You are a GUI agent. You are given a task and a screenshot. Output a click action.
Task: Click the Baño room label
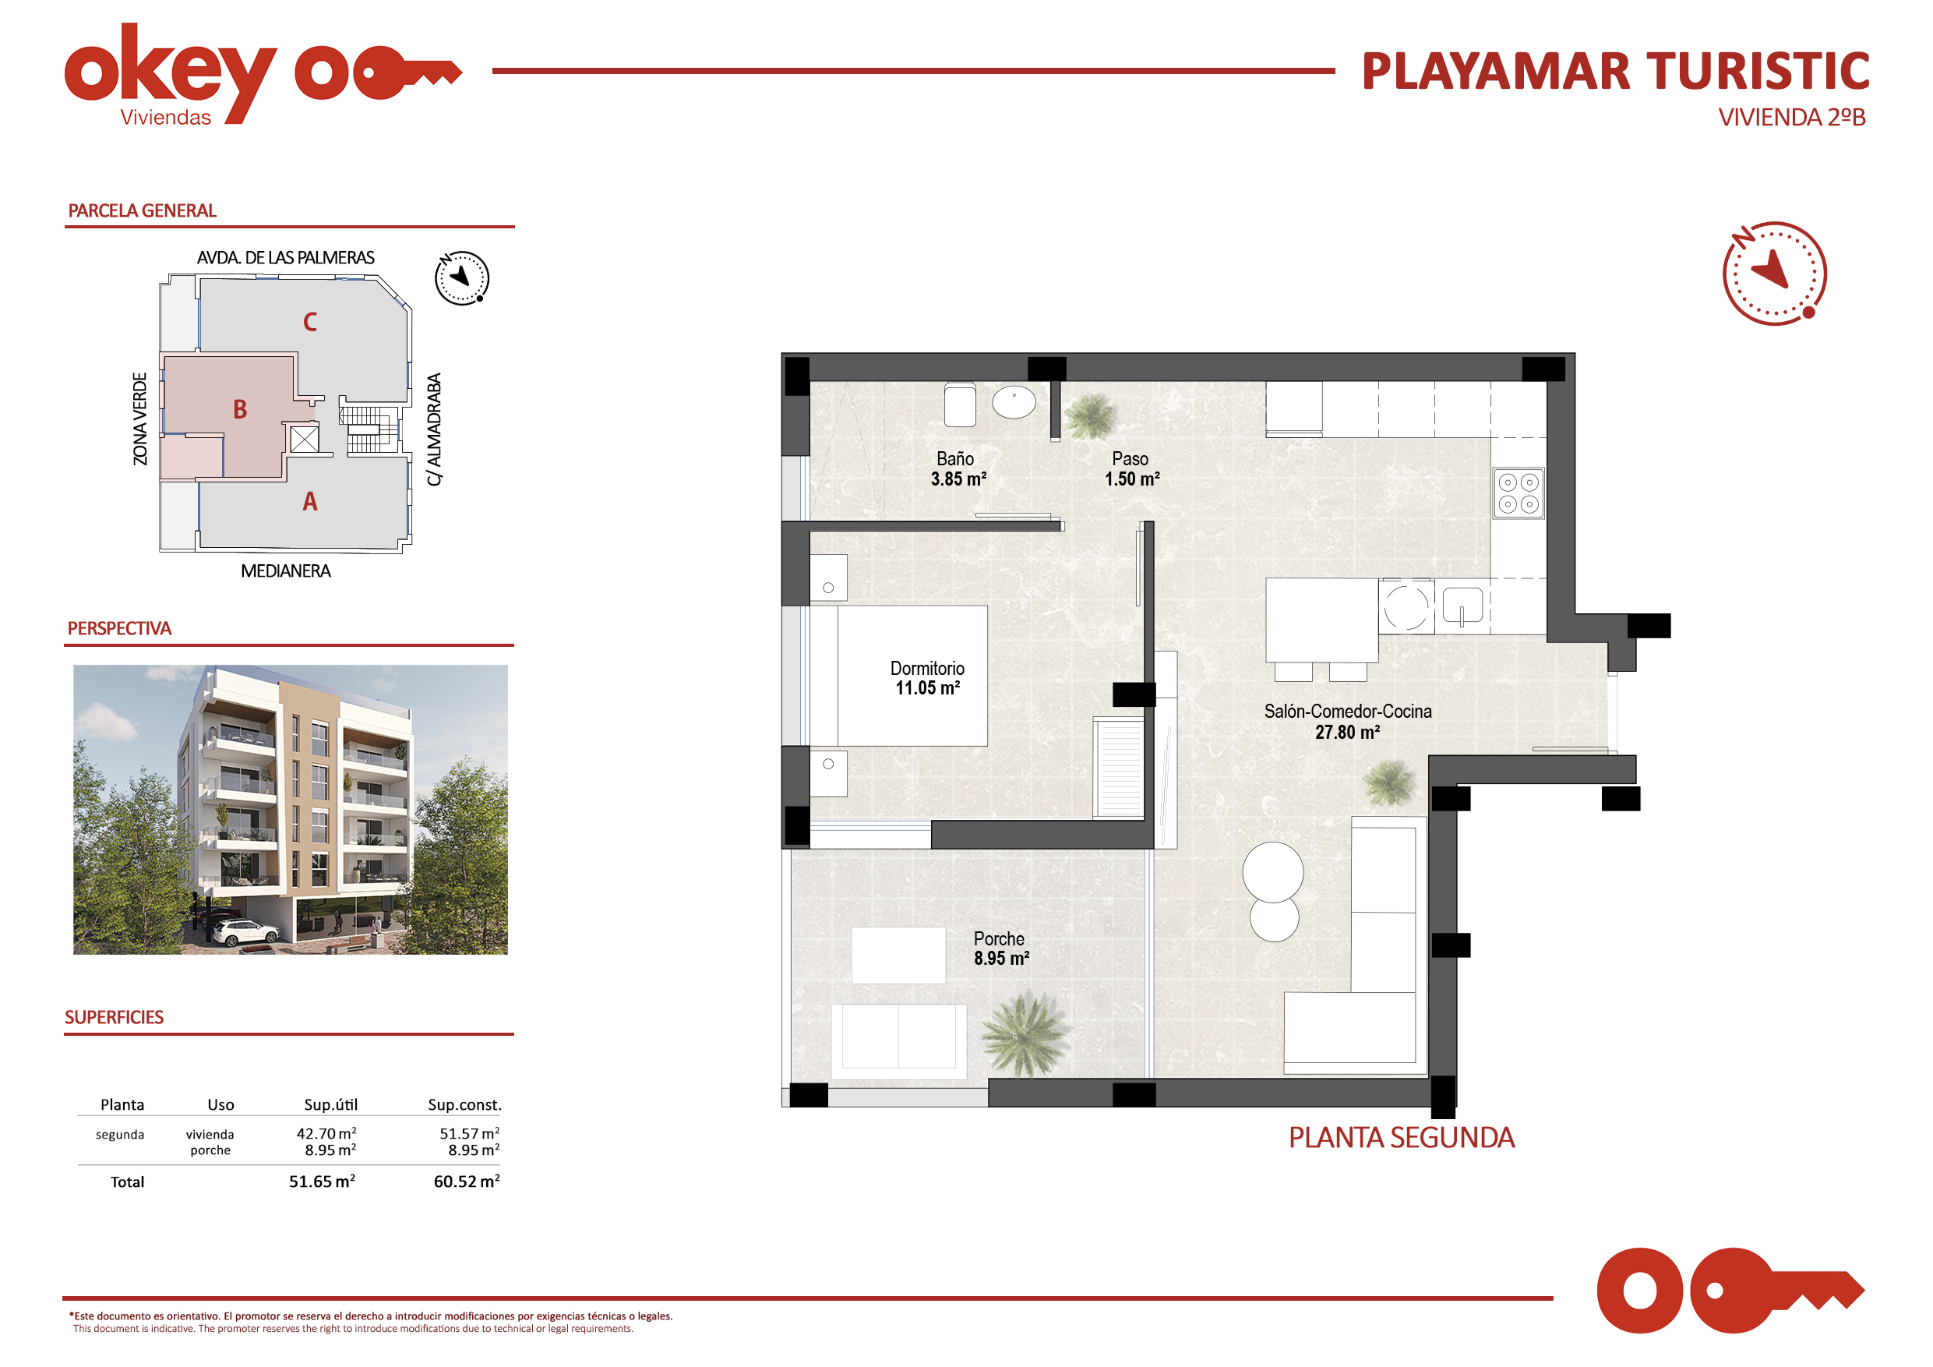pos(954,459)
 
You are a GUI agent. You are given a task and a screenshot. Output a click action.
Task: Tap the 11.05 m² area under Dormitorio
pos(928,688)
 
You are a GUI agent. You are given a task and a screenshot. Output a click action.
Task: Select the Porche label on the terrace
pos(999,938)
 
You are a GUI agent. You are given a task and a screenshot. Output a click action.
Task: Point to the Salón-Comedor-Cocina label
pos(1347,712)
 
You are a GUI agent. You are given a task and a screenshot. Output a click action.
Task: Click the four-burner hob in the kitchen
pos(1518,493)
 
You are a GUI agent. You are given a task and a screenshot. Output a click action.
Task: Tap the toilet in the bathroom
pos(960,405)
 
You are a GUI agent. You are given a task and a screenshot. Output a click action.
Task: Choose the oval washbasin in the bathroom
pos(1014,402)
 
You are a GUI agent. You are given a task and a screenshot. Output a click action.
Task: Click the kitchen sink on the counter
pos(1462,606)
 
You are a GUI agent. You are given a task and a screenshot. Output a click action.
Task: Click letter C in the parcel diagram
pos(310,322)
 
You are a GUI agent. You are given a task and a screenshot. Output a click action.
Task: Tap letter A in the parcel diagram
pos(310,501)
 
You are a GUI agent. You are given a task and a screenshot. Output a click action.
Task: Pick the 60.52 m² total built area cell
pos(467,1181)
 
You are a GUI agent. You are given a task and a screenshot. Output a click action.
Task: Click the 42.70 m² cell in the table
pos(326,1134)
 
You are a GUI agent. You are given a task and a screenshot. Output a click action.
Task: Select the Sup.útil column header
pos(331,1104)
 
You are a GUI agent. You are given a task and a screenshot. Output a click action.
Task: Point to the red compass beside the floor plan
pos(1774,273)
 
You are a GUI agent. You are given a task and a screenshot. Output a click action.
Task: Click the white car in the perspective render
pos(246,932)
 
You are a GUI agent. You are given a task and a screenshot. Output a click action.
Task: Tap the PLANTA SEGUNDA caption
pos(1401,1138)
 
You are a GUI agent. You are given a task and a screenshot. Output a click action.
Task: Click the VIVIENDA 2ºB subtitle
pos(1791,117)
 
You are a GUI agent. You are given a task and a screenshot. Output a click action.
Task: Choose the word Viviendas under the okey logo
pos(166,118)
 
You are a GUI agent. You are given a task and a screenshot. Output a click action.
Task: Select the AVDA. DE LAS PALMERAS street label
pos(285,258)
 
